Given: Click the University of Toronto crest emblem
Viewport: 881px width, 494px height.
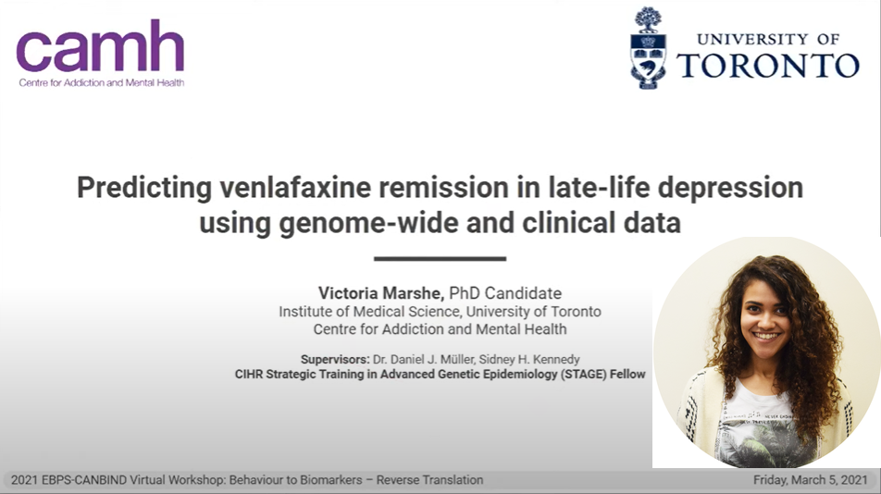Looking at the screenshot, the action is pyautogui.click(x=648, y=48).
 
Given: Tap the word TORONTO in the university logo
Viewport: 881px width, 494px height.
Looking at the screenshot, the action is pyautogui.click(x=768, y=66).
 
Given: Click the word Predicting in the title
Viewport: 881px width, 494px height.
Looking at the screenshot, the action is pyautogui.click(x=144, y=188).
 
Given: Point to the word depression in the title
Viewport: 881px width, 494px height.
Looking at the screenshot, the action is pyautogui.click(x=730, y=188).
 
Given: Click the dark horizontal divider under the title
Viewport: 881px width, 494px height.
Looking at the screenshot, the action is pyautogui.click(x=440, y=259).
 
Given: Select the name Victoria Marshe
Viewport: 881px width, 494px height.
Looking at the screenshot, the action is pyautogui.click(x=381, y=293).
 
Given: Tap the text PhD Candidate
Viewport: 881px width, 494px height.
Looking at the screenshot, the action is pyautogui.click(x=505, y=293).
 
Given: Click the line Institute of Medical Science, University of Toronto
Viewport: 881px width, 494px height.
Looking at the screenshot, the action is pyautogui.click(x=440, y=312).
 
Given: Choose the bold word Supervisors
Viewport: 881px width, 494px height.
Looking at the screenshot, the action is pyautogui.click(x=335, y=359).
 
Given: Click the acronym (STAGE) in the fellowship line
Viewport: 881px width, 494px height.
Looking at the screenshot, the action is pyautogui.click(x=583, y=375).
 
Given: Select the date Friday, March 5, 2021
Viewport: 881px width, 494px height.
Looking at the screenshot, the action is pyautogui.click(x=811, y=480).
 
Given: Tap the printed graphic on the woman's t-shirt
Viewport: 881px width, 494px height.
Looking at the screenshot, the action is pyautogui.click(x=763, y=432).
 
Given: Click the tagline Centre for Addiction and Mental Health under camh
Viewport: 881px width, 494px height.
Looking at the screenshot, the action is pyautogui.click(x=102, y=83).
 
